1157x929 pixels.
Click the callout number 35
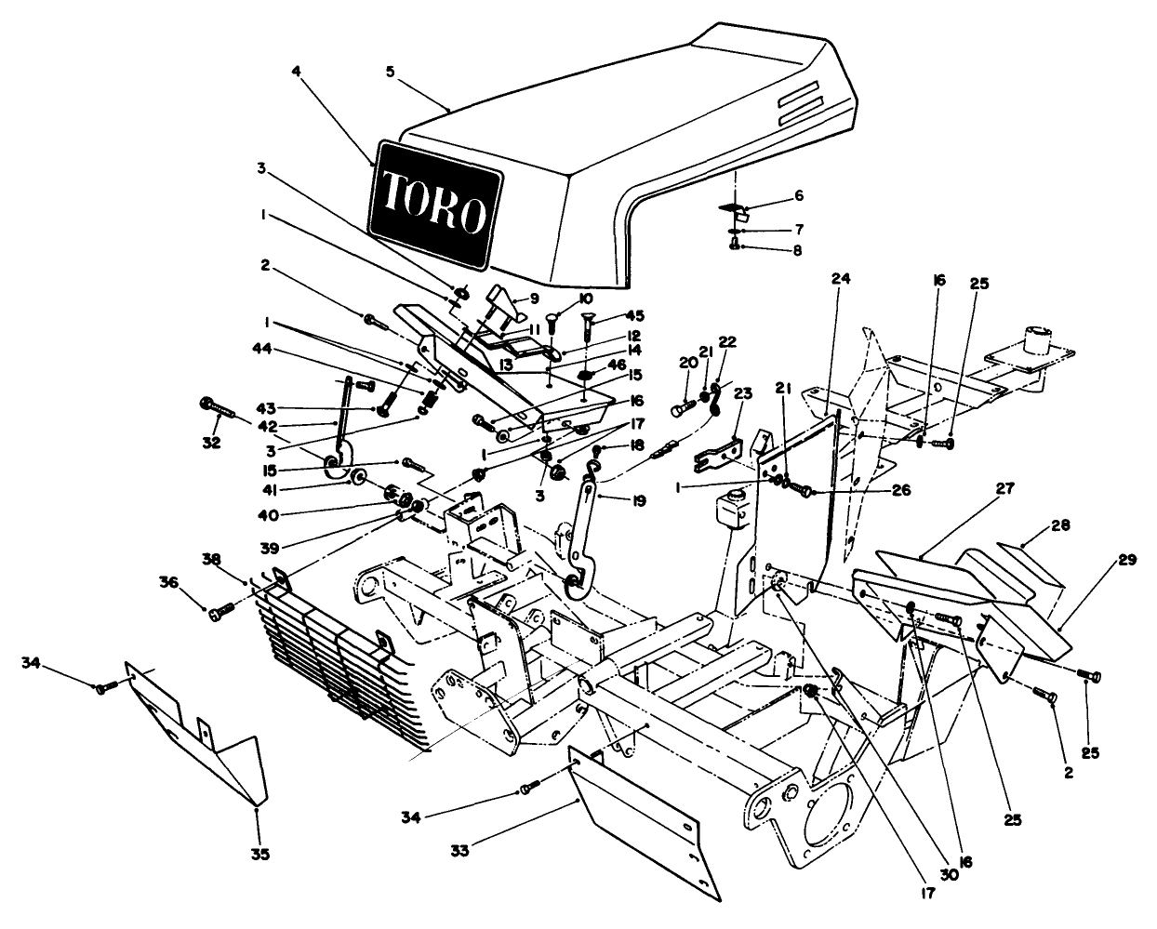click(260, 853)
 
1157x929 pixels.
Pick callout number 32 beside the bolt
click(212, 443)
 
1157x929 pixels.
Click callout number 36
click(167, 582)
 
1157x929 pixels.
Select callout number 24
click(841, 278)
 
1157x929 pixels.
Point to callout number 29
click(1127, 559)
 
